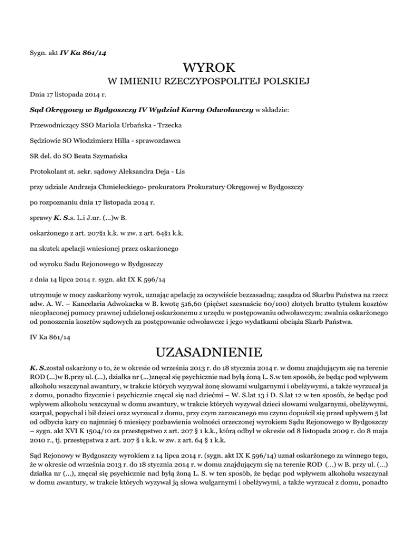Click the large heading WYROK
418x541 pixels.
[209, 69]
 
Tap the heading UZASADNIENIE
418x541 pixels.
[209, 348]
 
